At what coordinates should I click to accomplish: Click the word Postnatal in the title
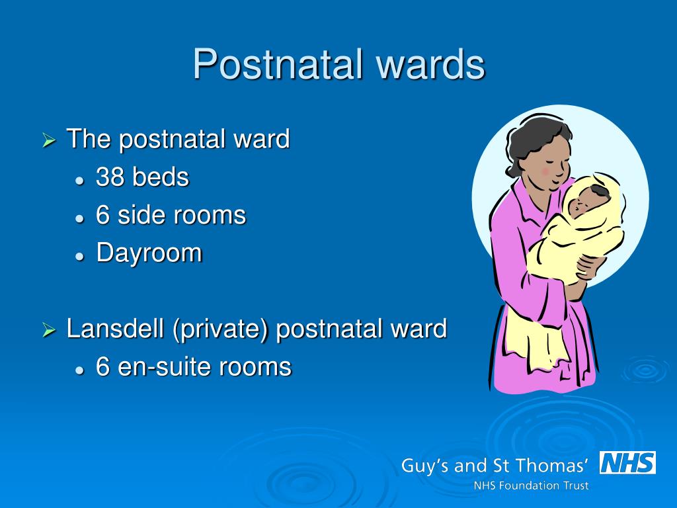click(278, 65)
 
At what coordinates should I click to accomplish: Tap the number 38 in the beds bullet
click(110, 177)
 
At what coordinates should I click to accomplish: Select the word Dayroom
click(149, 253)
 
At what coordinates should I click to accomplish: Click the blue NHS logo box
click(627, 462)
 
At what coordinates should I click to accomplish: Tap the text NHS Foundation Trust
click(531, 486)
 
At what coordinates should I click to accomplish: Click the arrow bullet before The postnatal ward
click(49, 141)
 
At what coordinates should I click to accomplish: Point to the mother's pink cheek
click(546, 171)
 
